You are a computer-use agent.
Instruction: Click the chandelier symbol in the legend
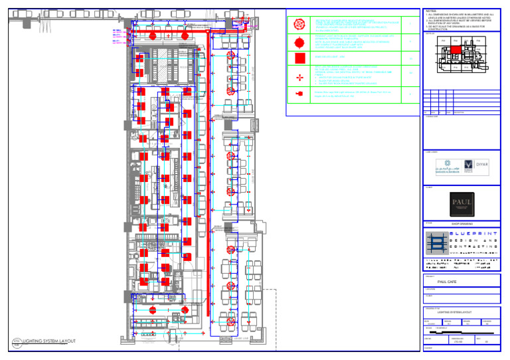tap(298, 24)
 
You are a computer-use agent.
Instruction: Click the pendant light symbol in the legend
tap(298, 42)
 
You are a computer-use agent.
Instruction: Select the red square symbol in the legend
tap(298, 59)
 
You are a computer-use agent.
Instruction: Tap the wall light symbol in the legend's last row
tap(298, 95)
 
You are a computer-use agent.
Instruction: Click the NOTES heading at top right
tap(431, 11)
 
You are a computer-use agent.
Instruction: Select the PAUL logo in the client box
tap(462, 204)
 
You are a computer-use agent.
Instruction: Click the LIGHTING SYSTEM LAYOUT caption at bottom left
tap(49, 342)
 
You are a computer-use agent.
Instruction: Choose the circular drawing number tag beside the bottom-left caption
tap(17, 342)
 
